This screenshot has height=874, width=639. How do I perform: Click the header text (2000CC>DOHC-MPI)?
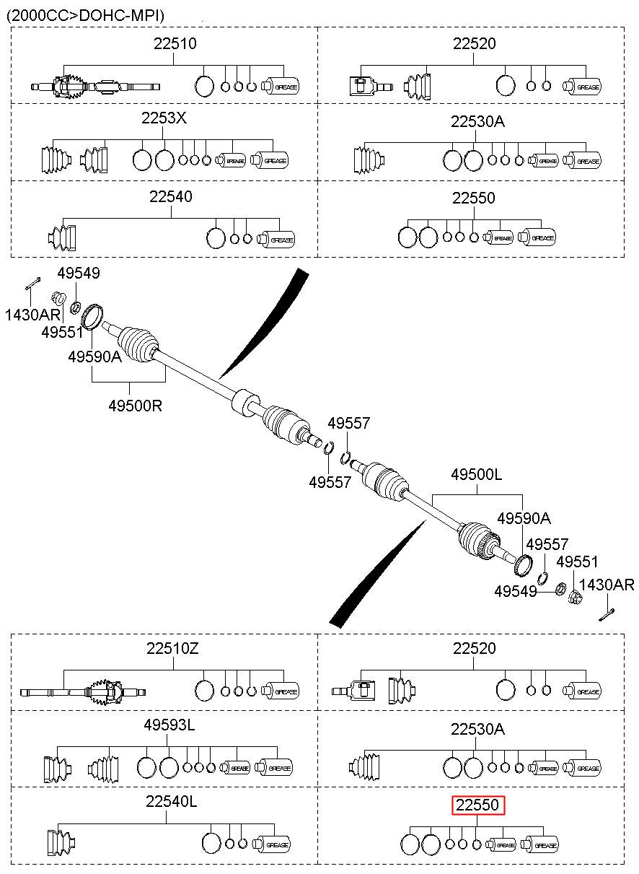pos(86,15)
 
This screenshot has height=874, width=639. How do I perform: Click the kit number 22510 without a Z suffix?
pos(175,43)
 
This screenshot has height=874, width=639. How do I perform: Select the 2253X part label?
pos(164,118)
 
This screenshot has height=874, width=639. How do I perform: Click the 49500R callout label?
pos(135,406)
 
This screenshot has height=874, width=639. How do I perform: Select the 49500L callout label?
pos(477,474)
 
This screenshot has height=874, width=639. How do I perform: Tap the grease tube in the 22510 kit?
pos(281,86)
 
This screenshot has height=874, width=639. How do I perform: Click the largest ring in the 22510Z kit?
pos(204,691)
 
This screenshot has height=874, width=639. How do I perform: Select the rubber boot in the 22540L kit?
pos(61,843)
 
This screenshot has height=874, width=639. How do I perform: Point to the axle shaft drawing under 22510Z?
pos(83,692)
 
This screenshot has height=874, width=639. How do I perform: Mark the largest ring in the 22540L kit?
pos(212,844)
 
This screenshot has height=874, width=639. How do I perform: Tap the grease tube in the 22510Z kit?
pos(281,691)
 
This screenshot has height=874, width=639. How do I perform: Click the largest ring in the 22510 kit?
pos(204,86)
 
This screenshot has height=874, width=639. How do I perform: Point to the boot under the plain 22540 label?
pos(61,237)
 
